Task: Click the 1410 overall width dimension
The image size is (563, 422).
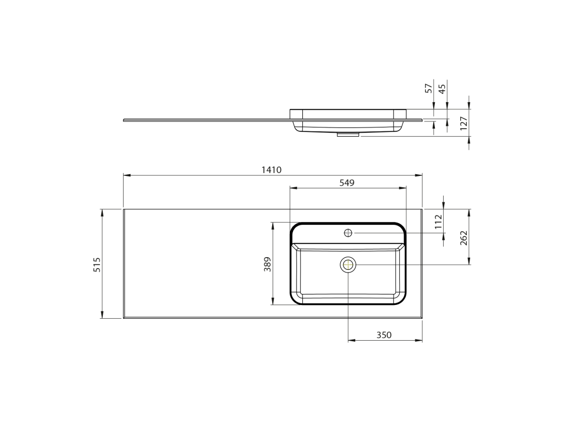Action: [x=272, y=170]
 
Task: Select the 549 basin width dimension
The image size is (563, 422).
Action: [x=347, y=182]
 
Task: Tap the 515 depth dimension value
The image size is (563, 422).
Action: [x=97, y=264]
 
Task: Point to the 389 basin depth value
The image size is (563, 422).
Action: [x=268, y=264]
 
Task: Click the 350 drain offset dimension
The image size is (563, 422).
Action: [x=384, y=335]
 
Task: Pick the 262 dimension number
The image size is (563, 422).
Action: [x=463, y=238]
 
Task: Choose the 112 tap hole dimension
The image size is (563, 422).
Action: [x=438, y=222]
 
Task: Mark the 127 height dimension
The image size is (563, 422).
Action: [x=463, y=123]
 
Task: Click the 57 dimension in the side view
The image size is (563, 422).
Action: [x=429, y=88]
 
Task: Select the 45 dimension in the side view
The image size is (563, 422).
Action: [x=443, y=88]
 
